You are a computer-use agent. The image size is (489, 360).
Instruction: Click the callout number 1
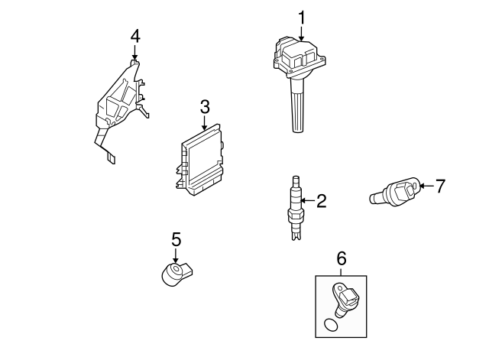pos(301,17)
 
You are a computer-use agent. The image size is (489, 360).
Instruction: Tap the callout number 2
pos(321,201)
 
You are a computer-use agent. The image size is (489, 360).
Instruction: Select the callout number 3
pos(205,106)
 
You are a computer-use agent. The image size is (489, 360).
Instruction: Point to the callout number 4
pos(135,36)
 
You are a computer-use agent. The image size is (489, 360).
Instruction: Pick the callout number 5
pos(176,239)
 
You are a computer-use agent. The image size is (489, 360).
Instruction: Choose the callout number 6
pos(341,259)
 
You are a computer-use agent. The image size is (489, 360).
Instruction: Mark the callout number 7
pos(439,186)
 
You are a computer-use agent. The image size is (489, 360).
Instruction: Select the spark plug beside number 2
pos(293,208)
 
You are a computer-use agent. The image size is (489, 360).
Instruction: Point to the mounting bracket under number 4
pos(118,103)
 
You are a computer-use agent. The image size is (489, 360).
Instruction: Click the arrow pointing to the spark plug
pos(307,201)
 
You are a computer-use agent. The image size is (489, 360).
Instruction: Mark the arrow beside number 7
pos(426,186)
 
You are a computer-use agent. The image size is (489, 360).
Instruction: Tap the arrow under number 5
pos(176,255)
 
